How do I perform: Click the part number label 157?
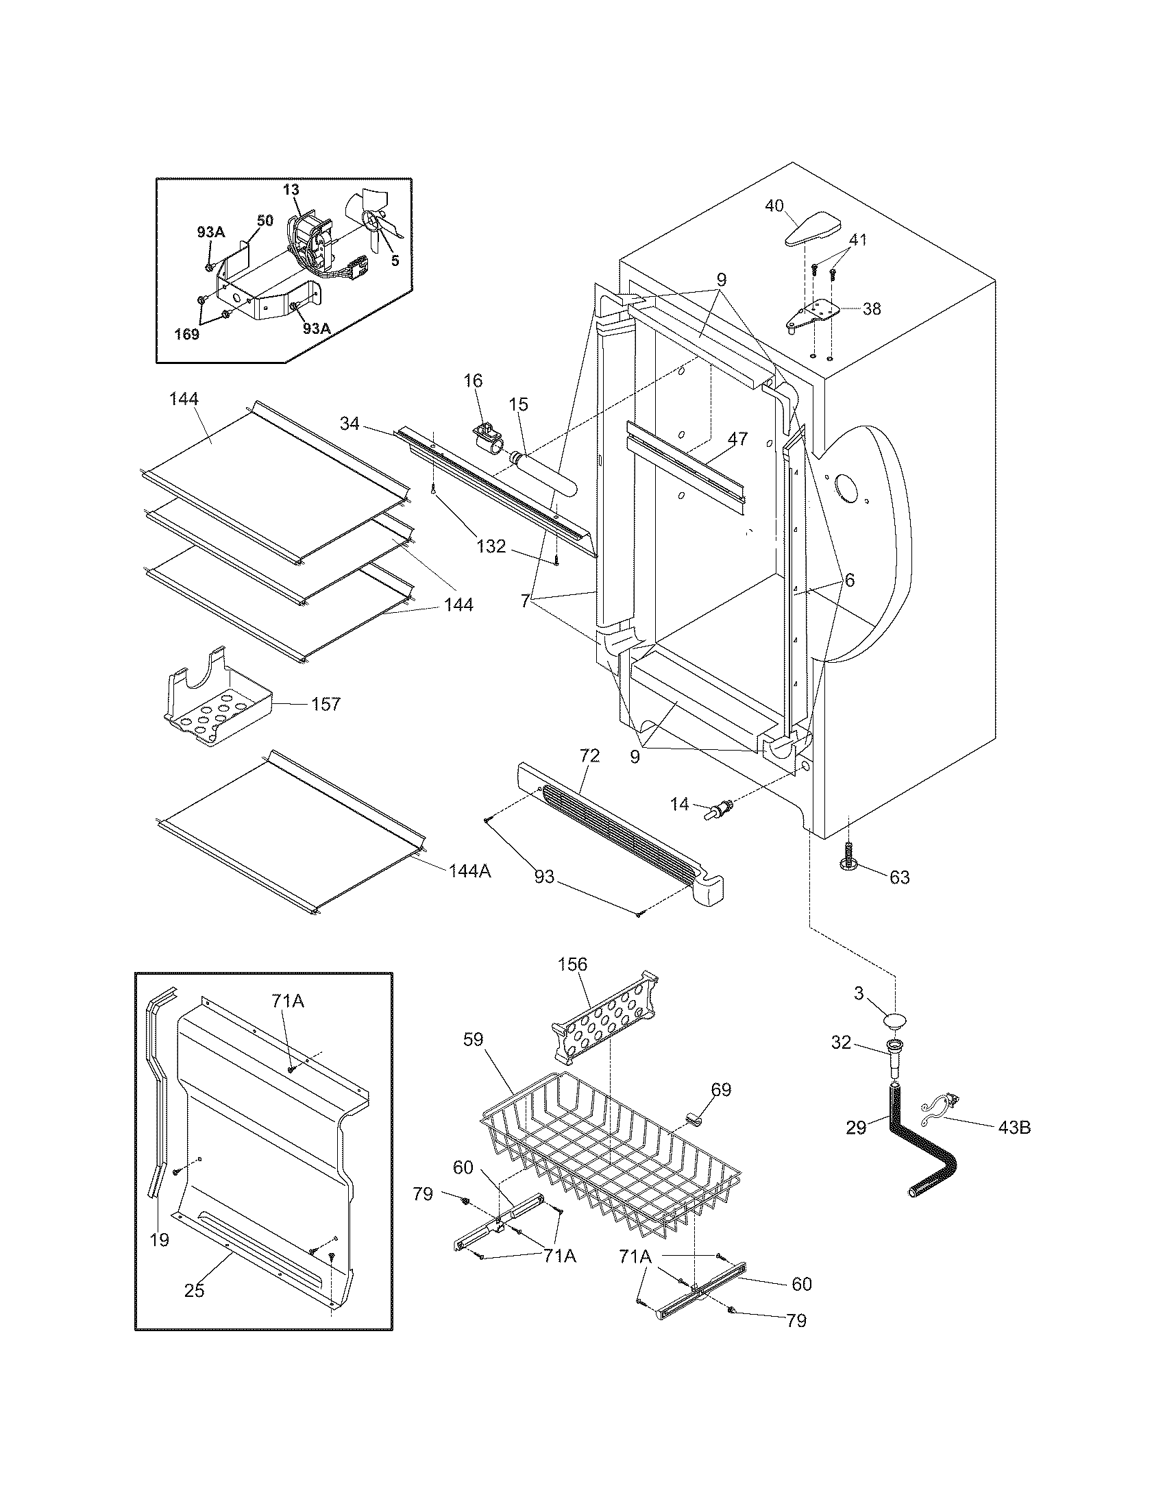tap(326, 703)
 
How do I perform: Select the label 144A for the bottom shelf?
tap(469, 871)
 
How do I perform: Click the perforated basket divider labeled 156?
tap(604, 1014)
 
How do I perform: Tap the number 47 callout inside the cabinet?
tap(738, 439)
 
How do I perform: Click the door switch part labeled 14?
tap(718, 807)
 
